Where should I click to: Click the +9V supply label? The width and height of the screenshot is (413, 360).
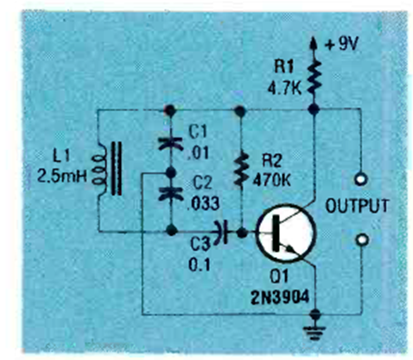[341, 44]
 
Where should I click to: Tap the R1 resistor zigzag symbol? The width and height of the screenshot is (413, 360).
[315, 77]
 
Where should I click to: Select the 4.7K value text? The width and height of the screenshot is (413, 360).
[284, 89]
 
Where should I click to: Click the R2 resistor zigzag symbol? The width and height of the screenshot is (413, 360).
[241, 169]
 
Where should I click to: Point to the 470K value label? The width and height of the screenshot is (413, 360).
[271, 180]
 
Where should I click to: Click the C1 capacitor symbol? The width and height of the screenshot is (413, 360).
[171, 143]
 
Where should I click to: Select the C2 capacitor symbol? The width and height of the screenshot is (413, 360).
[171, 193]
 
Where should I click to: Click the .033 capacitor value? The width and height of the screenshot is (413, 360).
[203, 204]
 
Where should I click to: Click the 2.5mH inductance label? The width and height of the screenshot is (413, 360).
[62, 176]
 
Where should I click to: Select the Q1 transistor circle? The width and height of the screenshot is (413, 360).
[286, 233]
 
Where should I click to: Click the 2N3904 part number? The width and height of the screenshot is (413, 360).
[280, 297]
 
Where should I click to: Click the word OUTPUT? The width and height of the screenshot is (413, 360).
[357, 205]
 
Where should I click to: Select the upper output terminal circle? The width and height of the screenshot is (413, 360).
[361, 180]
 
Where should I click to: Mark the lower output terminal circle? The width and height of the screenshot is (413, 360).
[362, 239]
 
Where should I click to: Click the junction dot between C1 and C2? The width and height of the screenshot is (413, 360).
[171, 173]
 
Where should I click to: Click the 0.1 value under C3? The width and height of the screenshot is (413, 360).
[200, 264]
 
